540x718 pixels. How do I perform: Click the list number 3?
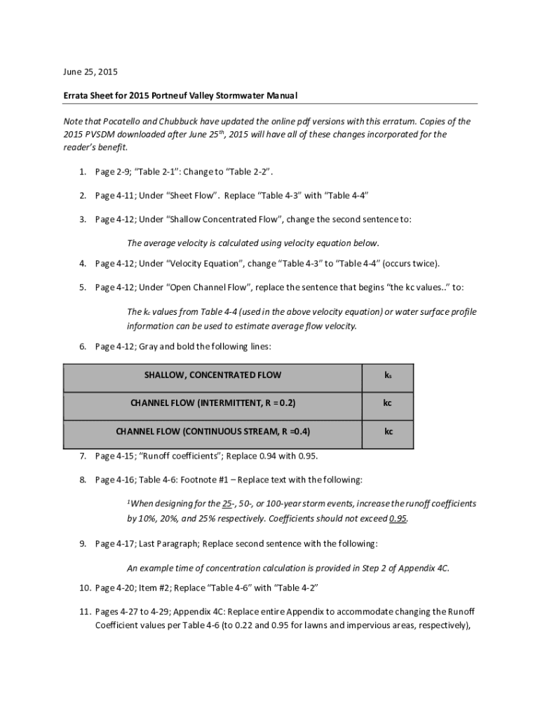click(x=82, y=219)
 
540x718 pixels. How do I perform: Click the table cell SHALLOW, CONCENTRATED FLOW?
click(x=212, y=375)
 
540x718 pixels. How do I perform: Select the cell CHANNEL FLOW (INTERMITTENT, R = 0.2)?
click(x=212, y=403)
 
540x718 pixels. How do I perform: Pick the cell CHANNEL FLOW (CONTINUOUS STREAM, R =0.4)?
click(x=212, y=431)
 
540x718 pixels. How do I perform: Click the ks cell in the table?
click(x=387, y=375)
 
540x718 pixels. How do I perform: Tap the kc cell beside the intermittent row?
click(x=387, y=403)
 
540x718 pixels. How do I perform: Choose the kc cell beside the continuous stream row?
click(x=387, y=431)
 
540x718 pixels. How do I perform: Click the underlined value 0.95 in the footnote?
click(x=398, y=519)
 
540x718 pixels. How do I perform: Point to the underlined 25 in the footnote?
click(x=227, y=504)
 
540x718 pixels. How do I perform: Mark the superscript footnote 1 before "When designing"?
click(x=128, y=502)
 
